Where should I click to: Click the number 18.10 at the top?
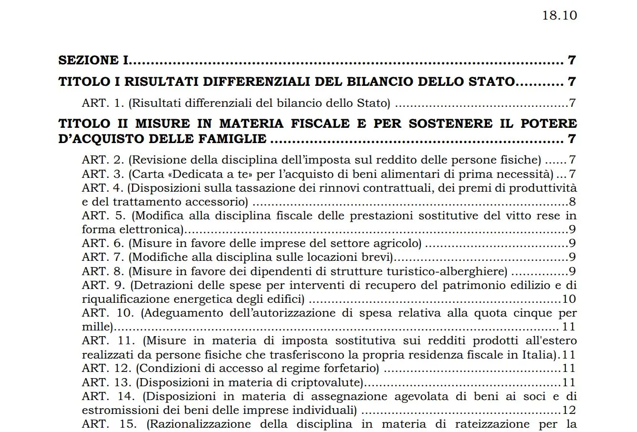pyautogui.click(x=559, y=15)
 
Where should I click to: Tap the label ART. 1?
pyautogui.click(x=103, y=103)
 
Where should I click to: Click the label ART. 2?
pyautogui.click(x=103, y=160)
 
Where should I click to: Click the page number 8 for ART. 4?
pyautogui.click(x=573, y=202)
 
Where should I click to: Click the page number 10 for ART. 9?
pyautogui.click(x=569, y=299)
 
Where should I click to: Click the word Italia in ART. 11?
pyautogui.click(x=543, y=355)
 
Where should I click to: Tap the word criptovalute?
pyautogui.click(x=326, y=382)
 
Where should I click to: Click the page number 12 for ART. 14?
pyautogui.click(x=569, y=410)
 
